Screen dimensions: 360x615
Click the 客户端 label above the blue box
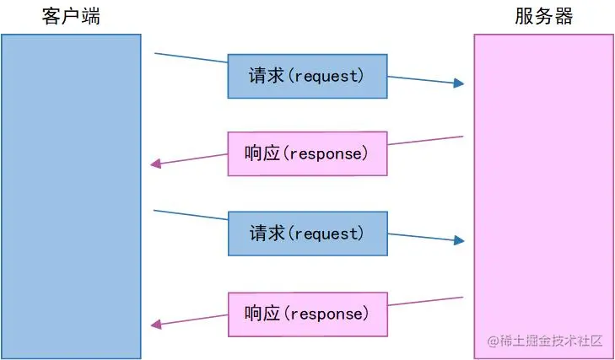tap(70, 17)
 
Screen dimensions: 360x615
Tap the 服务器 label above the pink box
tap(543, 17)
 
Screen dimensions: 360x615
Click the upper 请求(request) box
tap(306, 76)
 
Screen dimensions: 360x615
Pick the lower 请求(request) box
tap(306, 234)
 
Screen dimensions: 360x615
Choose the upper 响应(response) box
tap(307, 153)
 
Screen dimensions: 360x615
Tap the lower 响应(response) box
tap(307, 313)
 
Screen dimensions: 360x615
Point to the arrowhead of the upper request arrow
tap(459, 83)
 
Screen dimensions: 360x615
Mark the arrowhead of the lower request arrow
tap(459, 240)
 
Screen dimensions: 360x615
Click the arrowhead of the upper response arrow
tap(155, 164)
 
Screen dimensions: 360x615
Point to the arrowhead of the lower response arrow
tap(155, 324)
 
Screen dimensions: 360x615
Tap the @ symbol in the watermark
tap(493, 341)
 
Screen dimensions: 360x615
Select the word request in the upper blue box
tap(326, 76)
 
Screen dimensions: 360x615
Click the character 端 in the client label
tap(89, 17)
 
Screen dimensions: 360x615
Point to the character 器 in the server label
tap(564, 17)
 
